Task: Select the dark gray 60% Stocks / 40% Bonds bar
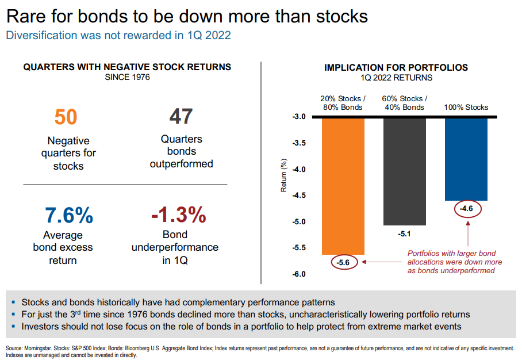405,171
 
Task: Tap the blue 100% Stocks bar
466,159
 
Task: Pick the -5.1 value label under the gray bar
405,235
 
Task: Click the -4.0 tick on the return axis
298,170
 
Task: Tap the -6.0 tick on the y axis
298,274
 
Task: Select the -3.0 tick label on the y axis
298,117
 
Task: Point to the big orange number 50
66,117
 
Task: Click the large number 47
181,117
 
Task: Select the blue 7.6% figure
69,215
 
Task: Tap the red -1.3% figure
178,215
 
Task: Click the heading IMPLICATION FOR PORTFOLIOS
396,67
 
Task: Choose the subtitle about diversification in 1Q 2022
118,36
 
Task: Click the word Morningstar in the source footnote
35,348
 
